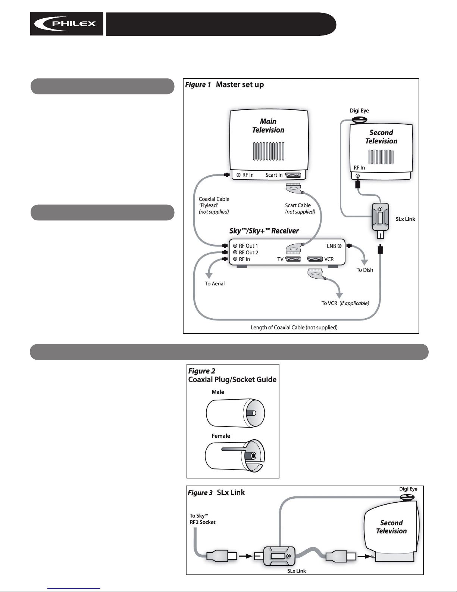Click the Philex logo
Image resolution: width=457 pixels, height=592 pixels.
67,24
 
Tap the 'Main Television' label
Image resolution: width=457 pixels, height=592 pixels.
268,125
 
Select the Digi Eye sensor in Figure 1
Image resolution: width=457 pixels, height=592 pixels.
359,120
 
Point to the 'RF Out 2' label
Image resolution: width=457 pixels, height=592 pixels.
248,252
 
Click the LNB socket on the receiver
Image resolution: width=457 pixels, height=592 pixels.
339,246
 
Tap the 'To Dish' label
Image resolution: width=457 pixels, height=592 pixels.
365,270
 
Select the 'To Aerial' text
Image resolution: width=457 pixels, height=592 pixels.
215,283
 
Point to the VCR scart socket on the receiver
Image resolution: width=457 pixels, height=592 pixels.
315,259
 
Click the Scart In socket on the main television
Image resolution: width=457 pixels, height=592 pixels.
293,175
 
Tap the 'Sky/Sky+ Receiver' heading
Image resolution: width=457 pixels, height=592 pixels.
264,231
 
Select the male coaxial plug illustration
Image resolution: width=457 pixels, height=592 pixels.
235,413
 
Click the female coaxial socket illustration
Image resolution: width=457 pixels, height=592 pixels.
235,456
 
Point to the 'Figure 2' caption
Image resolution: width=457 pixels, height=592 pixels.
201,371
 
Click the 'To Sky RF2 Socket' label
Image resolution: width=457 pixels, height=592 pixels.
202,519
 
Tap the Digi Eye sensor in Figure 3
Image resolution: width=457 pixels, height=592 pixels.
407,498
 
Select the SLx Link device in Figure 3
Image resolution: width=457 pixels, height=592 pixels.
279,556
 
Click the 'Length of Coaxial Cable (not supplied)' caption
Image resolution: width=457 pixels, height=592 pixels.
294,327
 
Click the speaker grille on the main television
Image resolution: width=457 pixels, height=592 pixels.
269,151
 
